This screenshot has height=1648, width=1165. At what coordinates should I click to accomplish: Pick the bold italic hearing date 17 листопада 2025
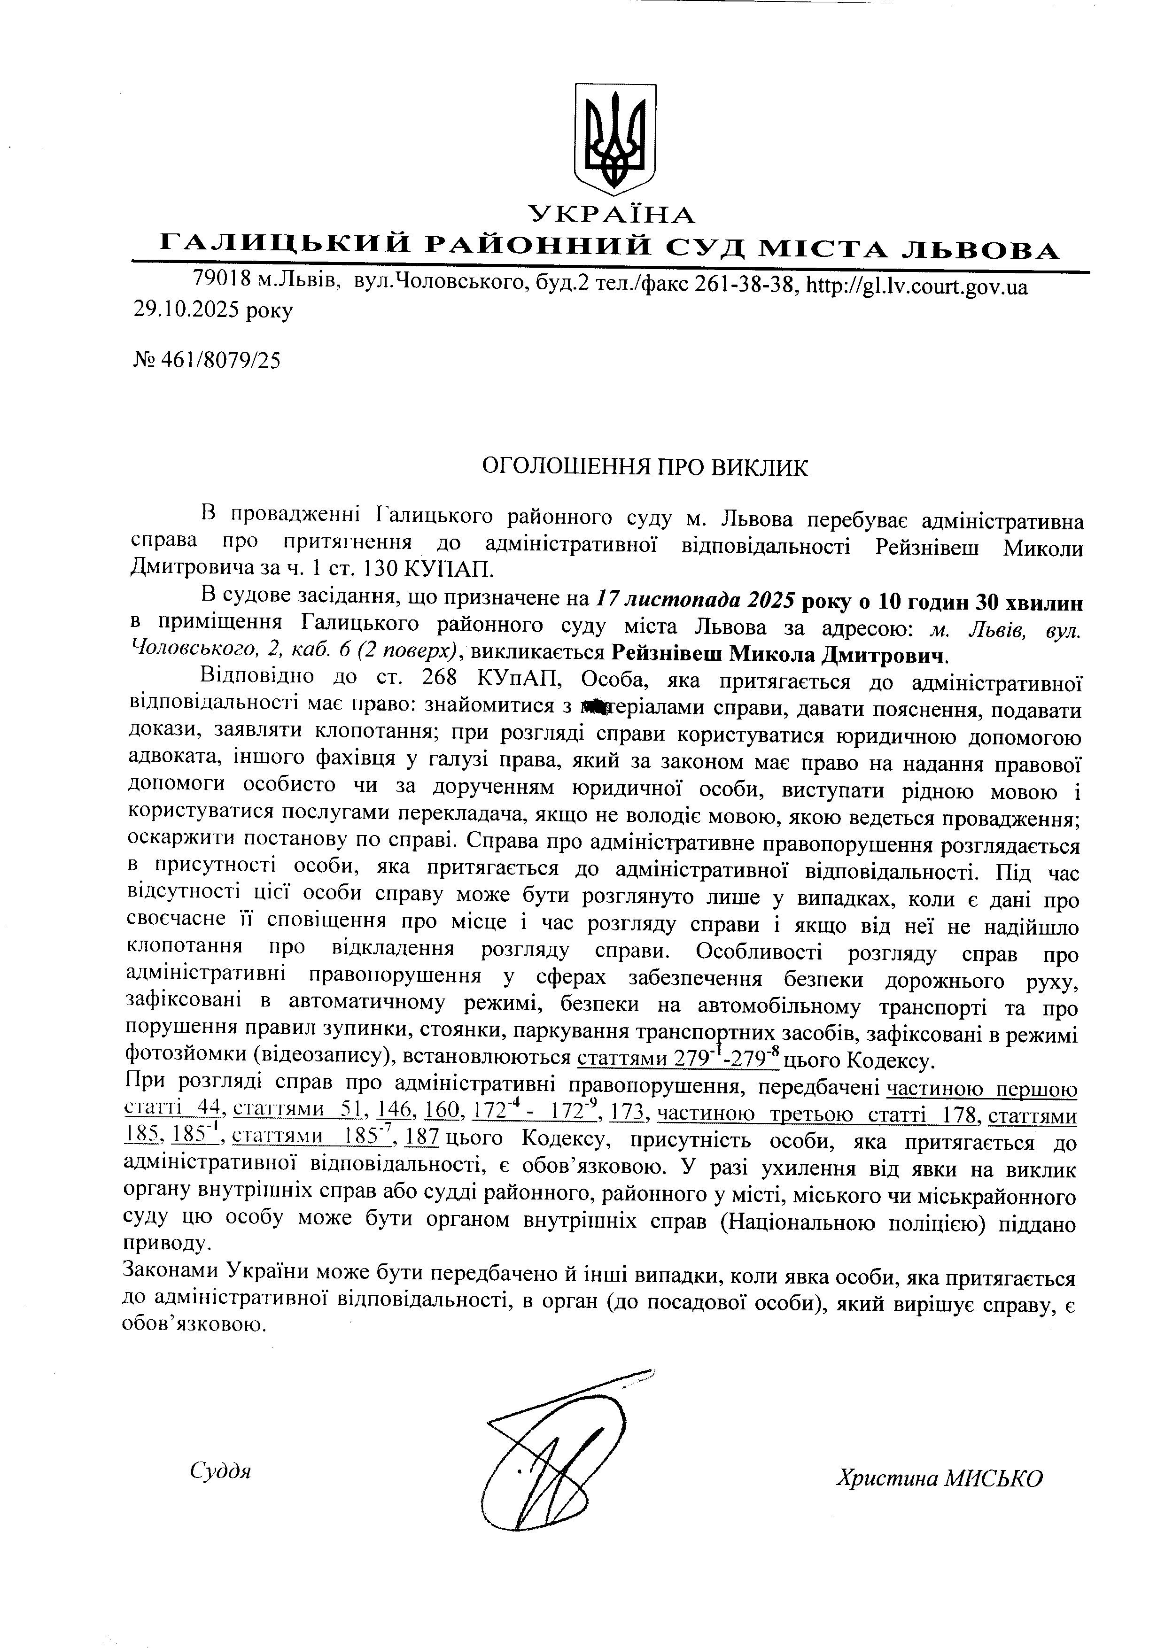[x=694, y=601]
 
